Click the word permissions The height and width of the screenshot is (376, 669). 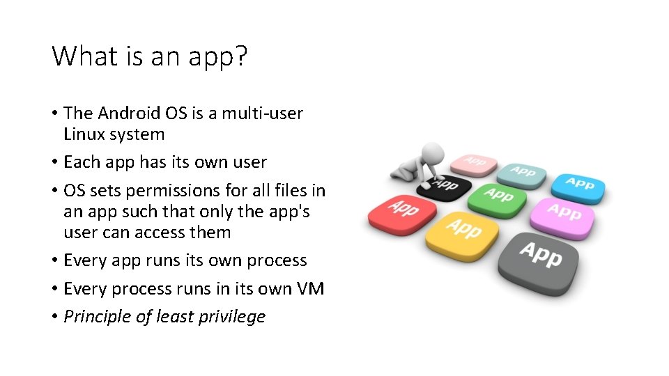pos(175,190)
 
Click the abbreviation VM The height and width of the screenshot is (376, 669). pos(309,288)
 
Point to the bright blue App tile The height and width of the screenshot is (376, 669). pos(578,184)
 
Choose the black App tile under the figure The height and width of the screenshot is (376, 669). pos(445,185)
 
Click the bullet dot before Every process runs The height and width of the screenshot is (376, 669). pos(54,289)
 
